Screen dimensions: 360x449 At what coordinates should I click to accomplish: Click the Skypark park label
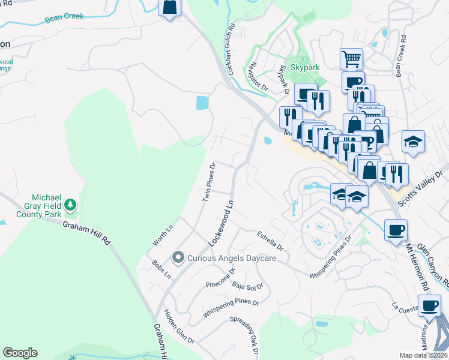pyautogui.click(x=305, y=68)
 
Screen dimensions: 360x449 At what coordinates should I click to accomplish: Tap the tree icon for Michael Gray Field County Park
pyautogui.click(x=71, y=205)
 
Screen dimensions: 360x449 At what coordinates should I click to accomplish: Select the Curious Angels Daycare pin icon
pyautogui.click(x=178, y=258)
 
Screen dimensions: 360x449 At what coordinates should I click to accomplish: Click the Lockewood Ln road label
pyautogui.click(x=220, y=224)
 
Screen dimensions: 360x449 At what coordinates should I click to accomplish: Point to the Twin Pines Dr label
pyautogui.click(x=208, y=181)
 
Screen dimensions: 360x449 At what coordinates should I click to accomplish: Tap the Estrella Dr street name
pyautogui.click(x=270, y=241)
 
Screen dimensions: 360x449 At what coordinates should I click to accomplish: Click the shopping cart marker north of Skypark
pyautogui.click(x=351, y=59)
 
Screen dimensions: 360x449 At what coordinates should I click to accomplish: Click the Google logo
pyautogui.click(x=20, y=353)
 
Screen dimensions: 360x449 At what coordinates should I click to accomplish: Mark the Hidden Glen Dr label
pyautogui.click(x=179, y=326)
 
